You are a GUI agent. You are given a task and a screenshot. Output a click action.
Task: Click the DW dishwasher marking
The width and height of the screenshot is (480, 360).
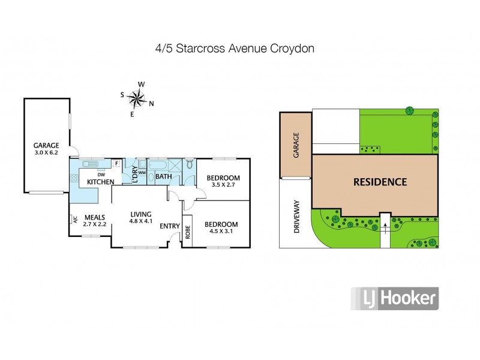[94, 175]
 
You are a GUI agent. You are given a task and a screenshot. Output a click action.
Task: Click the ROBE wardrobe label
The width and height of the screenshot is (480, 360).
[187, 233]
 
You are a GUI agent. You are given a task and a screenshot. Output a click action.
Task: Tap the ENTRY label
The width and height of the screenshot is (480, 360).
[170, 226]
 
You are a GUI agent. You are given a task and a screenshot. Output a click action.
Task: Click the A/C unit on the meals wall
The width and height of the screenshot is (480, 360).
[75, 218]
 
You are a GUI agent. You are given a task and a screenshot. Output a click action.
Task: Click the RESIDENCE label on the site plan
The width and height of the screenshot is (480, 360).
[380, 182]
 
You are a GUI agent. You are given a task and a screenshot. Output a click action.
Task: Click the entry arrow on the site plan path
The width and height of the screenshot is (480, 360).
[385, 227]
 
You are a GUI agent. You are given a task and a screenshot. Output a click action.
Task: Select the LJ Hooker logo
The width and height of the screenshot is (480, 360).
[394, 298]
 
